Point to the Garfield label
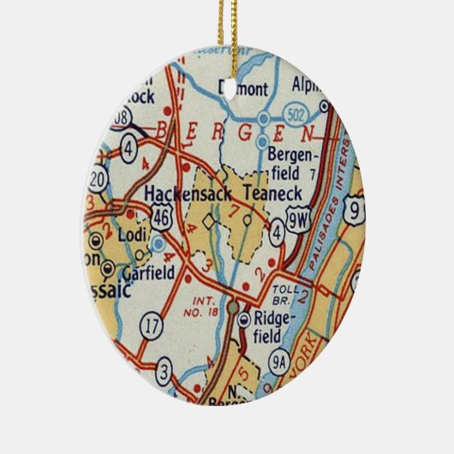[149, 274]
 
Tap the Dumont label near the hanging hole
[243, 87]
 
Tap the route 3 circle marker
[164, 373]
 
